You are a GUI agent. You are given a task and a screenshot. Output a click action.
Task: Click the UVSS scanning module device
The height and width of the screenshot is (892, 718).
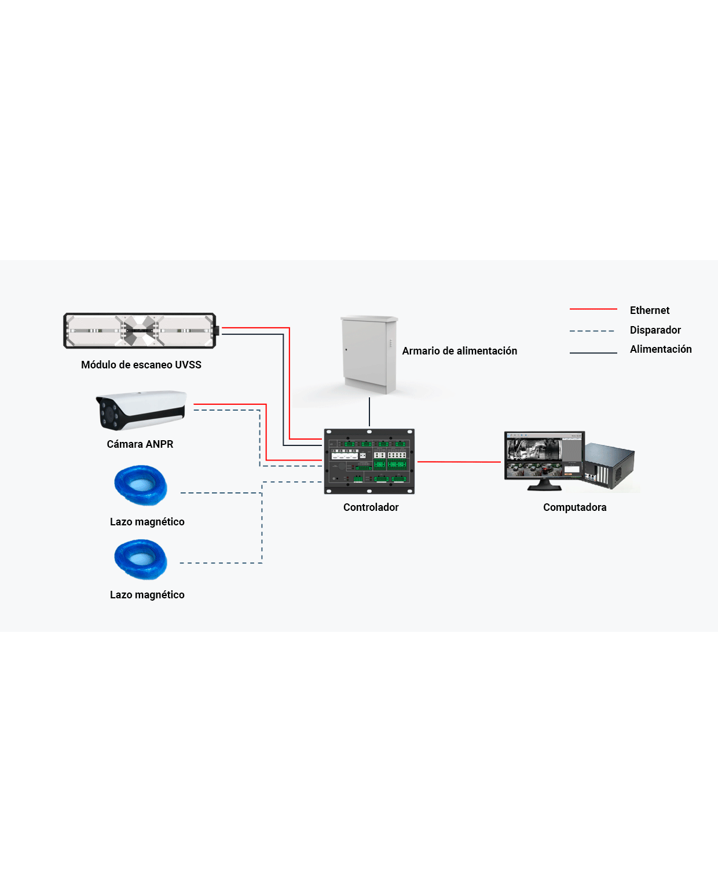click(140, 331)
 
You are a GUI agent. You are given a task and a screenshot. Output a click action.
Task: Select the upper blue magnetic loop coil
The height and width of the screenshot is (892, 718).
click(141, 485)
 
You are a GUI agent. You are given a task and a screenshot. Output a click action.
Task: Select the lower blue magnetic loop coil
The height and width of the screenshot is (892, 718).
click(141, 559)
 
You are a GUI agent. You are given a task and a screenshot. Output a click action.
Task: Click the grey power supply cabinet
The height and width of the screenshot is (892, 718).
click(369, 354)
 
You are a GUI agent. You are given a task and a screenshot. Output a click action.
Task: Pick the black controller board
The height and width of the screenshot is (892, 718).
click(369, 461)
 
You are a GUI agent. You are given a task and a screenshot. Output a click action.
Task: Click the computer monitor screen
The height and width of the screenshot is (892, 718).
click(544, 456)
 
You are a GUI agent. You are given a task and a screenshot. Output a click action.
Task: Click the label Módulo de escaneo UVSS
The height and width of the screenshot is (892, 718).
click(141, 365)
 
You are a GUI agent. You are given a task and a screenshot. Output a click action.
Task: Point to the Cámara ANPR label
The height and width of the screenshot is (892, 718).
click(140, 444)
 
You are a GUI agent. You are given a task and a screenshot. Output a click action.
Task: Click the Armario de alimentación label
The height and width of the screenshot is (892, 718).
click(460, 351)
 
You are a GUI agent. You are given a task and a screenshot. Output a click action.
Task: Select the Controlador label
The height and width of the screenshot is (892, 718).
click(371, 507)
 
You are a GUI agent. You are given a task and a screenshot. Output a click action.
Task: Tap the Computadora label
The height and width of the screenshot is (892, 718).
click(575, 507)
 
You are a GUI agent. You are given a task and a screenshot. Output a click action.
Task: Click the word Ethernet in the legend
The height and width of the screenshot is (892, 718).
click(650, 310)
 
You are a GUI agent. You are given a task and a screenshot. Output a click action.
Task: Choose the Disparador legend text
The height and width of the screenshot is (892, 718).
click(655, 330)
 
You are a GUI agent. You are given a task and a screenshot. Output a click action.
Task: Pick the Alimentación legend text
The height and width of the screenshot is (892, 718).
click(661, 349)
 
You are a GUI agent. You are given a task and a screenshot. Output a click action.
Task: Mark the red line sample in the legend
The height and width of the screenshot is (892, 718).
click(593, 309)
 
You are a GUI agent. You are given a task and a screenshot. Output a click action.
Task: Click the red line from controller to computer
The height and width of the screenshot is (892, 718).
click(459, 462)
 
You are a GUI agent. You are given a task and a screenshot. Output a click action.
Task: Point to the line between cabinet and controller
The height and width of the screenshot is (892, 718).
click(369, 412)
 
